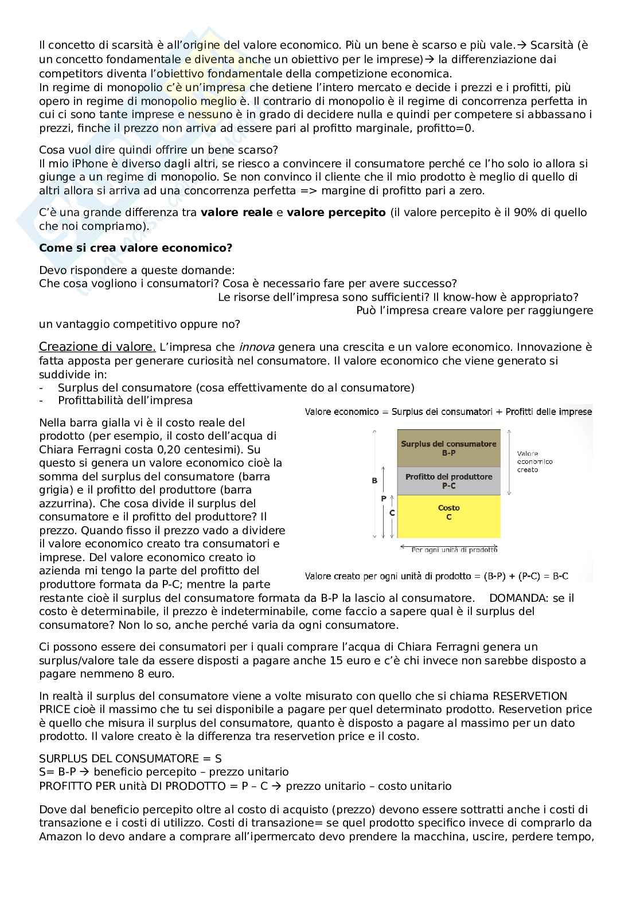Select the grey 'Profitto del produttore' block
448,481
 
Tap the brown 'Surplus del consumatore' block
448,448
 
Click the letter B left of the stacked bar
374,480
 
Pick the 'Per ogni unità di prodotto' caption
454,550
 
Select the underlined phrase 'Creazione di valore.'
97,347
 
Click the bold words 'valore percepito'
336,213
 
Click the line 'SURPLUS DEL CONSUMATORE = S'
130,758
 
